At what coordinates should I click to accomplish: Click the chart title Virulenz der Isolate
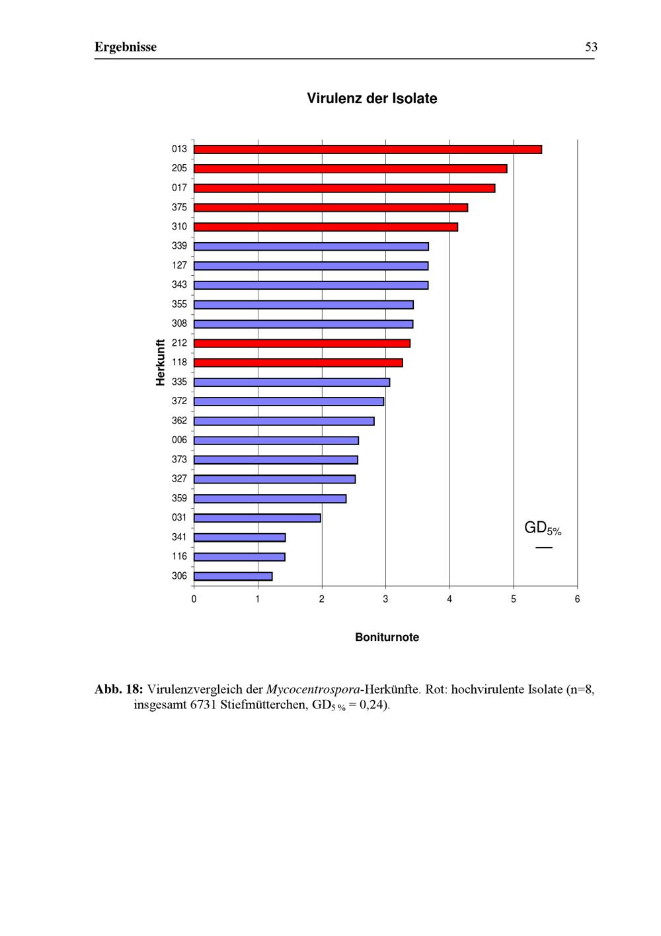pyautogui.click(x=371, y=99)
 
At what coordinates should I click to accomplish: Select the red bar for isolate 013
pyautogui.click(x=368, y=149)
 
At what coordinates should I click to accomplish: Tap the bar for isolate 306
pyautogui.click(x=233, y=576)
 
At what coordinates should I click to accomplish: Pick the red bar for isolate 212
pyautogui.click(x=302, y=343)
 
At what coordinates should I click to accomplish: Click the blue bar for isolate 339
pyautogui.click(x=311, y=247)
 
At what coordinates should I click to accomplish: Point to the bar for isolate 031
pyautogui.click(x=257, y=518)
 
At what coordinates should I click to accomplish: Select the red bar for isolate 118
pyautogui.click(x=298, y=362)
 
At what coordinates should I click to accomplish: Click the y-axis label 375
pyautogui.click(x=179, y=207)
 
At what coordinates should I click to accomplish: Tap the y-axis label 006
pyautogui.click(x=179, y=440)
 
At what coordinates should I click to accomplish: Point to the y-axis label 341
pyautogui.click(x=179, y=537)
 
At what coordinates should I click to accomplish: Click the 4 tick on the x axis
pyautogui.click(x=449, y=599)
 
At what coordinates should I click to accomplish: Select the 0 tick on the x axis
pyautogui.click(x=194, y=599)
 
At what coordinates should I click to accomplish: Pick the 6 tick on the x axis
pyautogui.click(x=577, y=599)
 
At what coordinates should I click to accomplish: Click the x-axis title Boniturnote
pyautogui.click(x=387, y=638)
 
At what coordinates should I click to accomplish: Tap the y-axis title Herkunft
pyautogui.click(x=161, y=362)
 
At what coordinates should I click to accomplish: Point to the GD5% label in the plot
pyautogui.click(x=542, y=528)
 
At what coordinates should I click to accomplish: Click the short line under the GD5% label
pyautogui.click(x=544, y=548)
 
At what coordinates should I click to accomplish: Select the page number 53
pyautogui.click(x=591, y=47)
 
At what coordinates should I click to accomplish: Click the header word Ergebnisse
pyautogui.click(x=126, y=47)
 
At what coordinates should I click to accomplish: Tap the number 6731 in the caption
pyautogui.click(x=204, y=704)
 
